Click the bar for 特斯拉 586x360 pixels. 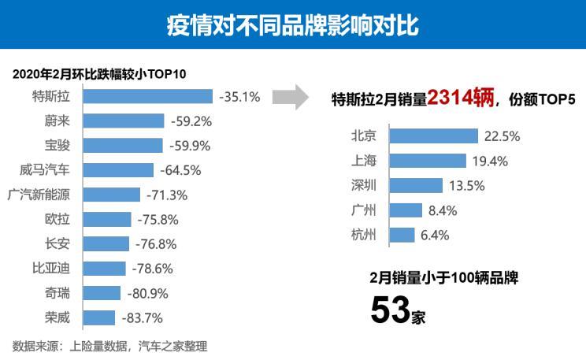click(148, 96)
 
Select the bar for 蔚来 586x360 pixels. click(124, 121)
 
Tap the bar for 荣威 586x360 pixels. click(99, 318)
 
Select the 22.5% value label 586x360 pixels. click(503, 136)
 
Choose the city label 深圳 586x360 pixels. click(364, 186)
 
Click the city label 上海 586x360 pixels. click(364, 161)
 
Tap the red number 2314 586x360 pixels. click(461, 98)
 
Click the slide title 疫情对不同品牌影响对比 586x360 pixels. click(293, 24)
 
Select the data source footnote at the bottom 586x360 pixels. click(109, 345)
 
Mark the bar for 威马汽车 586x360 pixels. click(118, 170)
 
